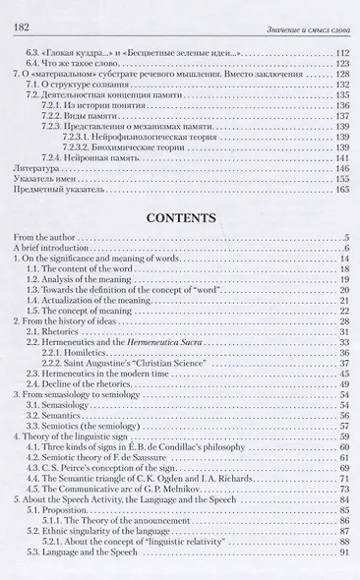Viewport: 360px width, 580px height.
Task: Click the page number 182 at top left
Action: click(20, 10)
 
